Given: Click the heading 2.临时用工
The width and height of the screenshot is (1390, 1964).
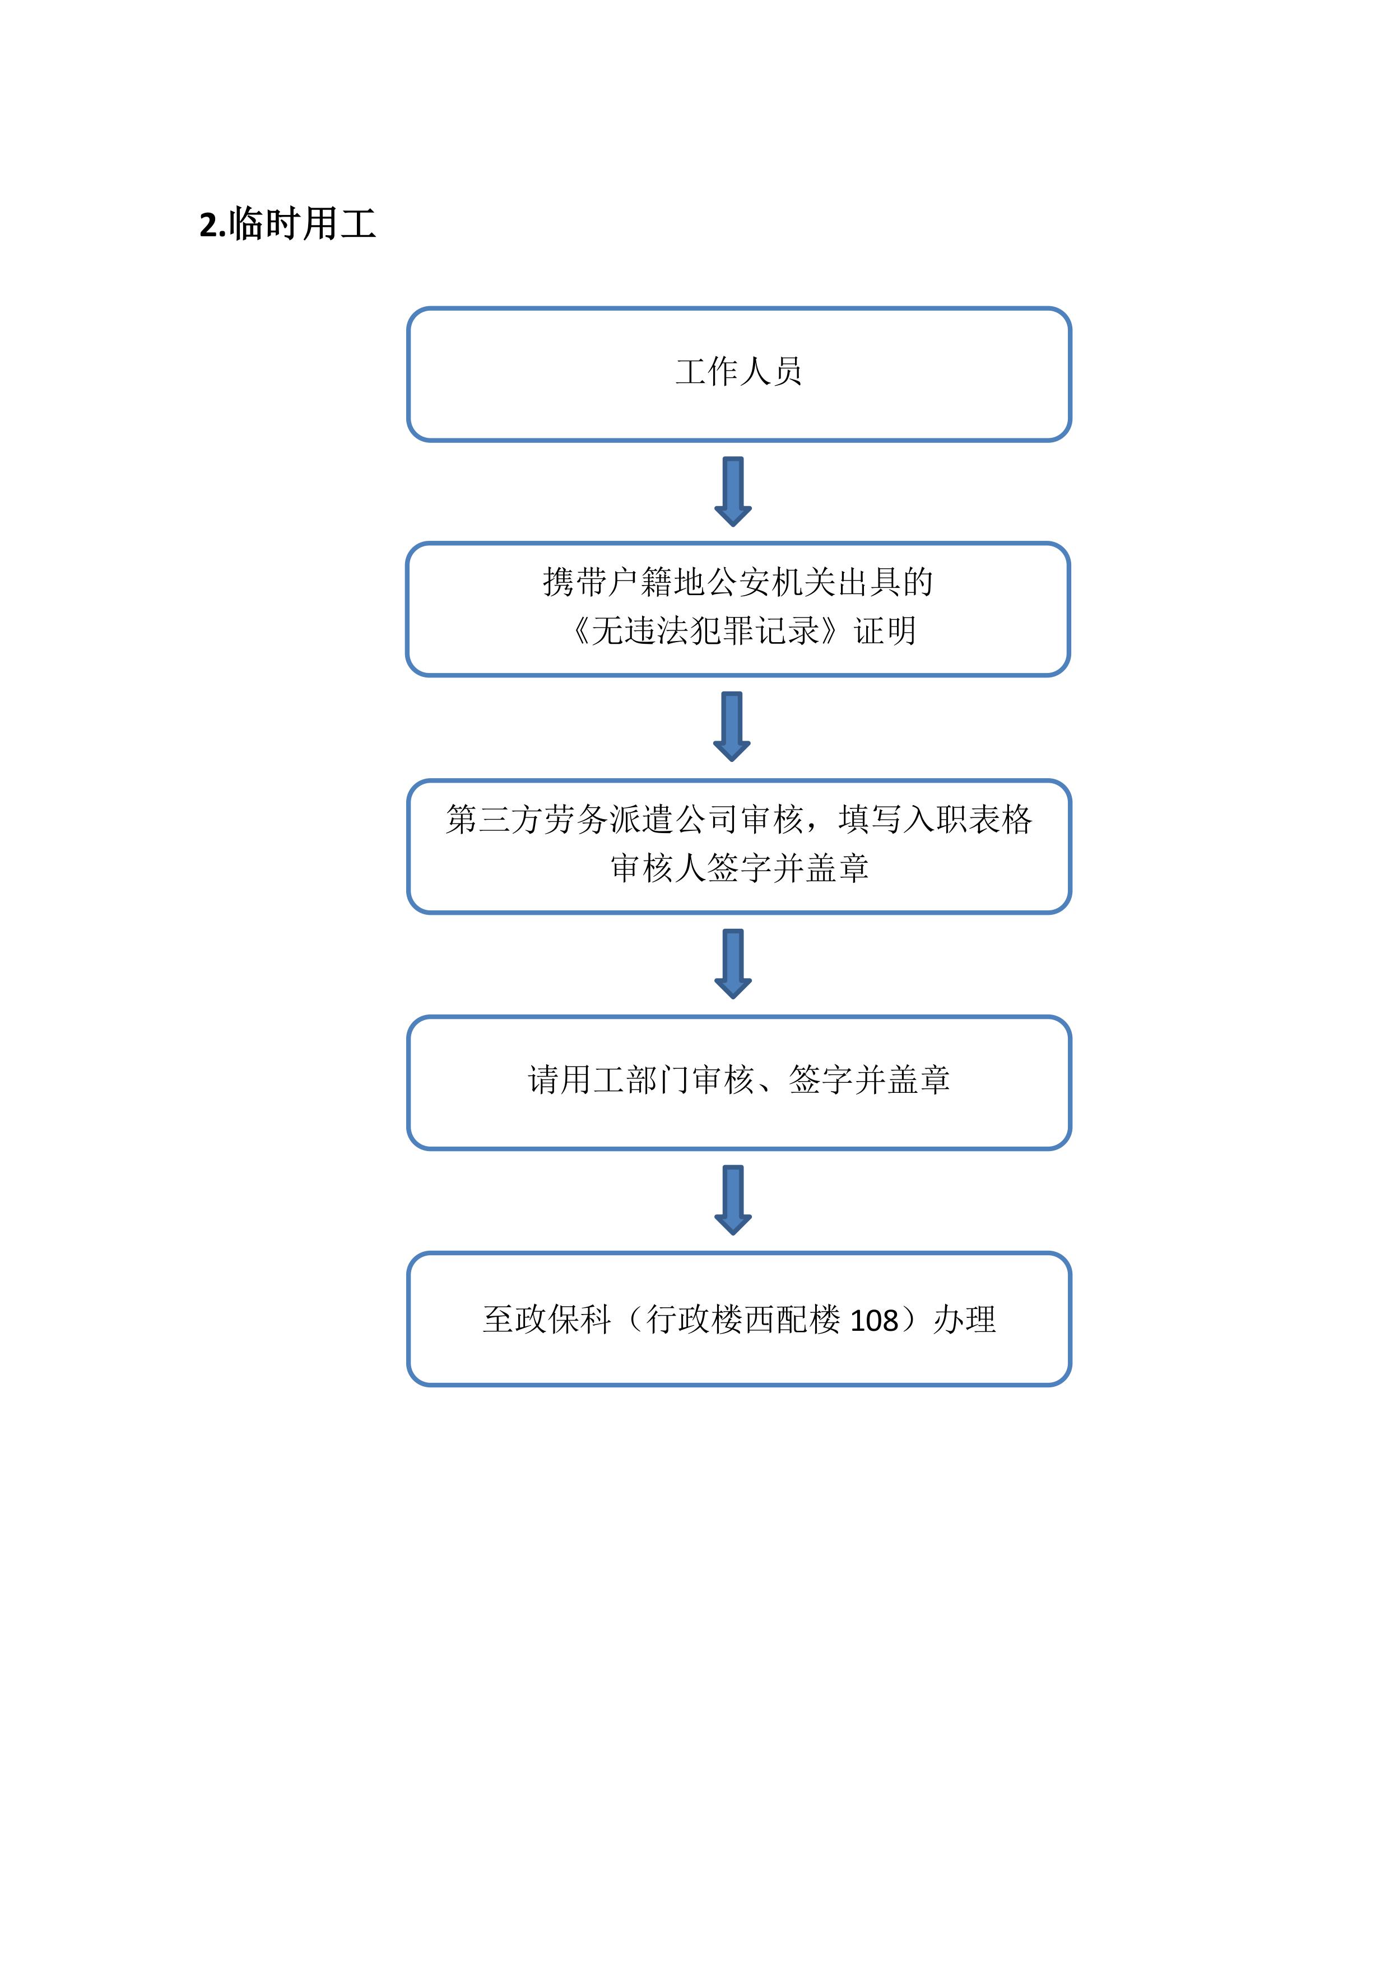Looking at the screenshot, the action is (x=287, y=224).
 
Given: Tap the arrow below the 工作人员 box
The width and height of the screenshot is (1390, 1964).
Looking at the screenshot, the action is (x=733, y=491).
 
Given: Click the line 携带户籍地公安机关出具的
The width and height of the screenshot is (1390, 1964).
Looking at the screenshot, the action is (x=738, y=582).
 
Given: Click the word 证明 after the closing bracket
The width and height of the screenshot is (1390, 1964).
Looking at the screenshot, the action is (x=885, y=632).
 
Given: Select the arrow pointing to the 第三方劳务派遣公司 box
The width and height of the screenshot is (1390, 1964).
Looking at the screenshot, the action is (x=732, y=726).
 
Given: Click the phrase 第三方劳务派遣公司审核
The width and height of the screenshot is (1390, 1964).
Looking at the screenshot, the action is (x=625, y=820).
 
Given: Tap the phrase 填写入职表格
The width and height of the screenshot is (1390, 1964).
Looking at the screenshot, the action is (x=936, y=820).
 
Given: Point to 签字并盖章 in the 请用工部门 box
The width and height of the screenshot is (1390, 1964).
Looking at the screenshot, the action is (x=869, y=1079).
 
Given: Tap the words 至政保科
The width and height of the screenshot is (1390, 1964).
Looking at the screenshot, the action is (x=547, y=1319).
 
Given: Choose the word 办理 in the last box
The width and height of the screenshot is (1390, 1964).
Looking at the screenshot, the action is (x=965, y=1319).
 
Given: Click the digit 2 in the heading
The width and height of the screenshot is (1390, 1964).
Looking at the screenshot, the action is (x=208, y=226).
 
